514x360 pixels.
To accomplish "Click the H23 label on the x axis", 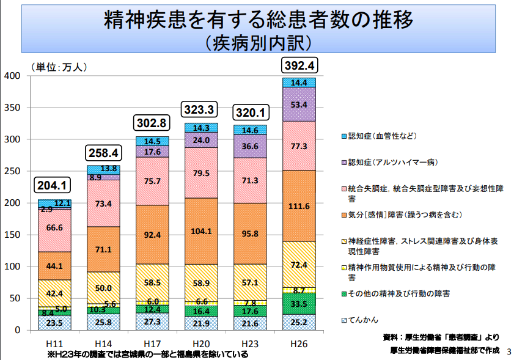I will [250, 343].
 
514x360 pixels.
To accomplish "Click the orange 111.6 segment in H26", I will [299, 206].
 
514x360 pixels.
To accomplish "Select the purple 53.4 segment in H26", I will [299, 105].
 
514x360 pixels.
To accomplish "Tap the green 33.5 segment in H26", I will [299, 304].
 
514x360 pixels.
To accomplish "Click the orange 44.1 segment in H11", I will [54, 266].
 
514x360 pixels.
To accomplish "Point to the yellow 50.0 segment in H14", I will [103, 288].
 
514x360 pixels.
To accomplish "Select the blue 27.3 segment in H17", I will [152, 321].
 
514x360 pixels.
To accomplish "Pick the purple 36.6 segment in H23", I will [250, 147].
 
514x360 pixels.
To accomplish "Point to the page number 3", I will [508, 351].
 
